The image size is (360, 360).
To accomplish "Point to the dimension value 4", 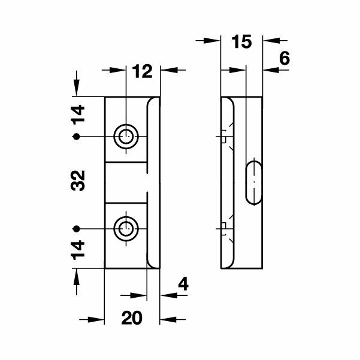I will click(184, 284).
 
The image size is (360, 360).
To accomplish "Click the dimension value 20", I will click(131, 318).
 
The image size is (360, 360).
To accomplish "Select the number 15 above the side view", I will click(242, 43).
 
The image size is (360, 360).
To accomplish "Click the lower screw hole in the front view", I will click(125, 229).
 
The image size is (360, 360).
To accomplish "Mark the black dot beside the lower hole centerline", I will click(76, 229).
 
